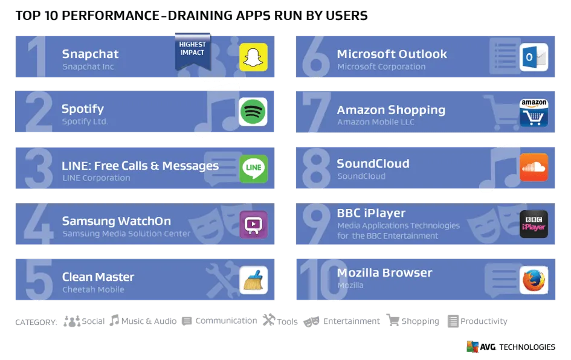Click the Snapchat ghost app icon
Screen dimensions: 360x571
(253, 57)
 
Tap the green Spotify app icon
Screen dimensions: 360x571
(253, 112)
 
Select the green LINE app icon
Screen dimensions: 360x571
(253, 169)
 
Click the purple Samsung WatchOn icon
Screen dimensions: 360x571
(253, 225)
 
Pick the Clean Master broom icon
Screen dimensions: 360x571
(253, 280)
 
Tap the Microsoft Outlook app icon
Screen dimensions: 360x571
(534, 57)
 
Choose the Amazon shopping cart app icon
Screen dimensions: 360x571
(534, 112)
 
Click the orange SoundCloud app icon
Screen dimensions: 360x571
(534, 167)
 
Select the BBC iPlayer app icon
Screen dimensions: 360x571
(534, 224)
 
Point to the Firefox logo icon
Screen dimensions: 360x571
(534, 280)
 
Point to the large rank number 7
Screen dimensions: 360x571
(317, 113)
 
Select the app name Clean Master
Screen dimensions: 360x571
(98, 277)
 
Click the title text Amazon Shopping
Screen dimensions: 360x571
(391, 110)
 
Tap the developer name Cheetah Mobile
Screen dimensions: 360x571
(93, 289)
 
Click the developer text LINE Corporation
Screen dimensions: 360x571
(96, 178)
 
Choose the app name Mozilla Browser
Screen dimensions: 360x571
(384, 272)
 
